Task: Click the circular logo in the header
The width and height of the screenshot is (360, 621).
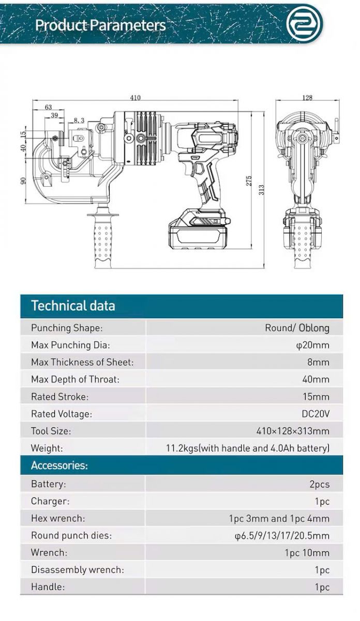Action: (x=305, y=24)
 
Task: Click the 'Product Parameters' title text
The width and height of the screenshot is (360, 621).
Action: (x=100, y=25)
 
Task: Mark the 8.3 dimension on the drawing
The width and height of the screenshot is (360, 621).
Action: (x=79, y=120)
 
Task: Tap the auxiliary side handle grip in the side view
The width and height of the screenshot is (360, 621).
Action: (x=102, y=241)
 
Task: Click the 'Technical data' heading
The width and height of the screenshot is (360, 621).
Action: (x=73, y=305)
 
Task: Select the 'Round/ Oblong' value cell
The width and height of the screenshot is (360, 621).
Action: (x=297, y=328)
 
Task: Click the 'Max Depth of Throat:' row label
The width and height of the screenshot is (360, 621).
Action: (x=75, y=379)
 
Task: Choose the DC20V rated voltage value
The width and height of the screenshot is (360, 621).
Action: (x=316, y=413)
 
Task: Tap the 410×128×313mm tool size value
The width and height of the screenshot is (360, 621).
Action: (x=293, y=431)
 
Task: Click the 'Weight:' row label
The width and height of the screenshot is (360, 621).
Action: (x=47, y=448)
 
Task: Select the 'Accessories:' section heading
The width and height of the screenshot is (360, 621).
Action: (x=59, y=465)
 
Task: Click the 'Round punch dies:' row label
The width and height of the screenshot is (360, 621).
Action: (x=71, y=536)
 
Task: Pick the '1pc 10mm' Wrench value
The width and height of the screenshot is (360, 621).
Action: (x=307, y=553)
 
